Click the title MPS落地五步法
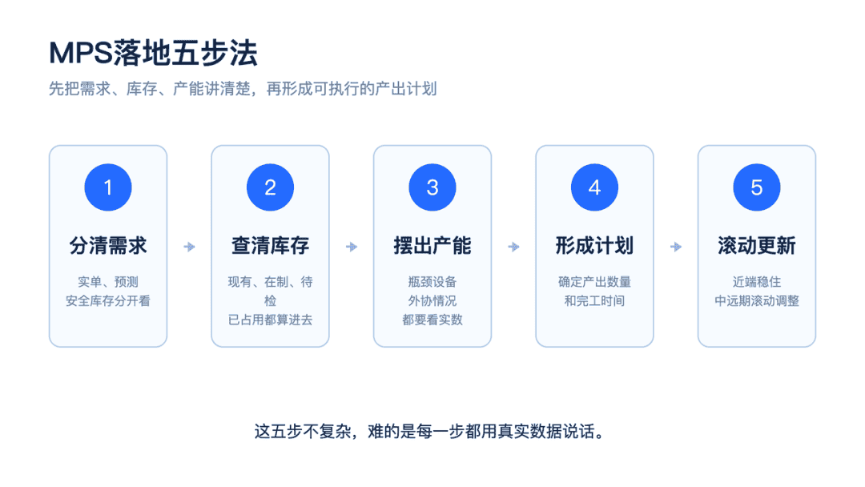coord(153,54)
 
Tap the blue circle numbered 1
coord(108,187)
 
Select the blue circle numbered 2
coord(271,187)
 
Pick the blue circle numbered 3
coord(432,187)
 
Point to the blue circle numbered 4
coord(594,187)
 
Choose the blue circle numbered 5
coord(757,187)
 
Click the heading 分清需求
coord(108,246)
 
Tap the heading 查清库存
coord(271,246)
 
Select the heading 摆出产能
coord(432,246)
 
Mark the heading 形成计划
coord(594,246)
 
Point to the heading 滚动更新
coord(757,246)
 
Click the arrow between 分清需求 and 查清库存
coord(189,247)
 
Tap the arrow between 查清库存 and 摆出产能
coord(352,247)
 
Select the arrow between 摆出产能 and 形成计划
coord(513,247)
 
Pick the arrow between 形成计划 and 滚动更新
coord(676,247)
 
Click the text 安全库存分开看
coord(108,301)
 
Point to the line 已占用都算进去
coord(271,320)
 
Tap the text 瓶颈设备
coord(432,283)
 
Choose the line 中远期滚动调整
coord(757,301)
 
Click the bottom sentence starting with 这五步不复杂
coord(430,431)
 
